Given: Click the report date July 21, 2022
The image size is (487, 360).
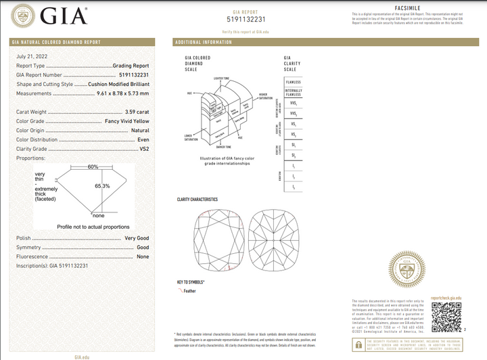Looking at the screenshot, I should (31, 56).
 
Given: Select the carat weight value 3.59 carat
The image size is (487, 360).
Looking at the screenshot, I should (135, 112).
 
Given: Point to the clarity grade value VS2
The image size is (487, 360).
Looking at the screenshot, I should (143, 148).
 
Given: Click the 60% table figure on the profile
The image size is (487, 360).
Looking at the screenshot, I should (93, 166).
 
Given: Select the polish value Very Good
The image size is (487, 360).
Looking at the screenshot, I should (137, 239).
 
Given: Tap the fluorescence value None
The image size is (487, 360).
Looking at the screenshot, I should (143, 257).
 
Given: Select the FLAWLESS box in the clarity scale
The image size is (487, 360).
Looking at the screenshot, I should (293, 82).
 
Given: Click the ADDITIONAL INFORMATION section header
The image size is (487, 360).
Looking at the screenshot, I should (203, 42).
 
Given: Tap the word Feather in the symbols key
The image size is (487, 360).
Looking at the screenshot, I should (190, 291).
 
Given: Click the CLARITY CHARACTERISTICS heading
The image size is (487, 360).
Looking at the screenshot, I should (198, 200).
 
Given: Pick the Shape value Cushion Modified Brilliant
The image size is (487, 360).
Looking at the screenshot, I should (119, 84).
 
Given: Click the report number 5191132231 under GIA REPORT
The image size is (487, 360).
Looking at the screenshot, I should (244, 20).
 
